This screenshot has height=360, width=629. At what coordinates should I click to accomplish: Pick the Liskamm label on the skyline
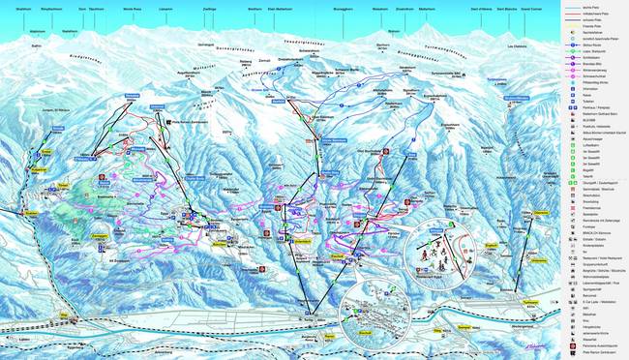tap(192, 8)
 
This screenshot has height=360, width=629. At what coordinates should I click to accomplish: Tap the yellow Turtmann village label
tap(502, 302)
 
